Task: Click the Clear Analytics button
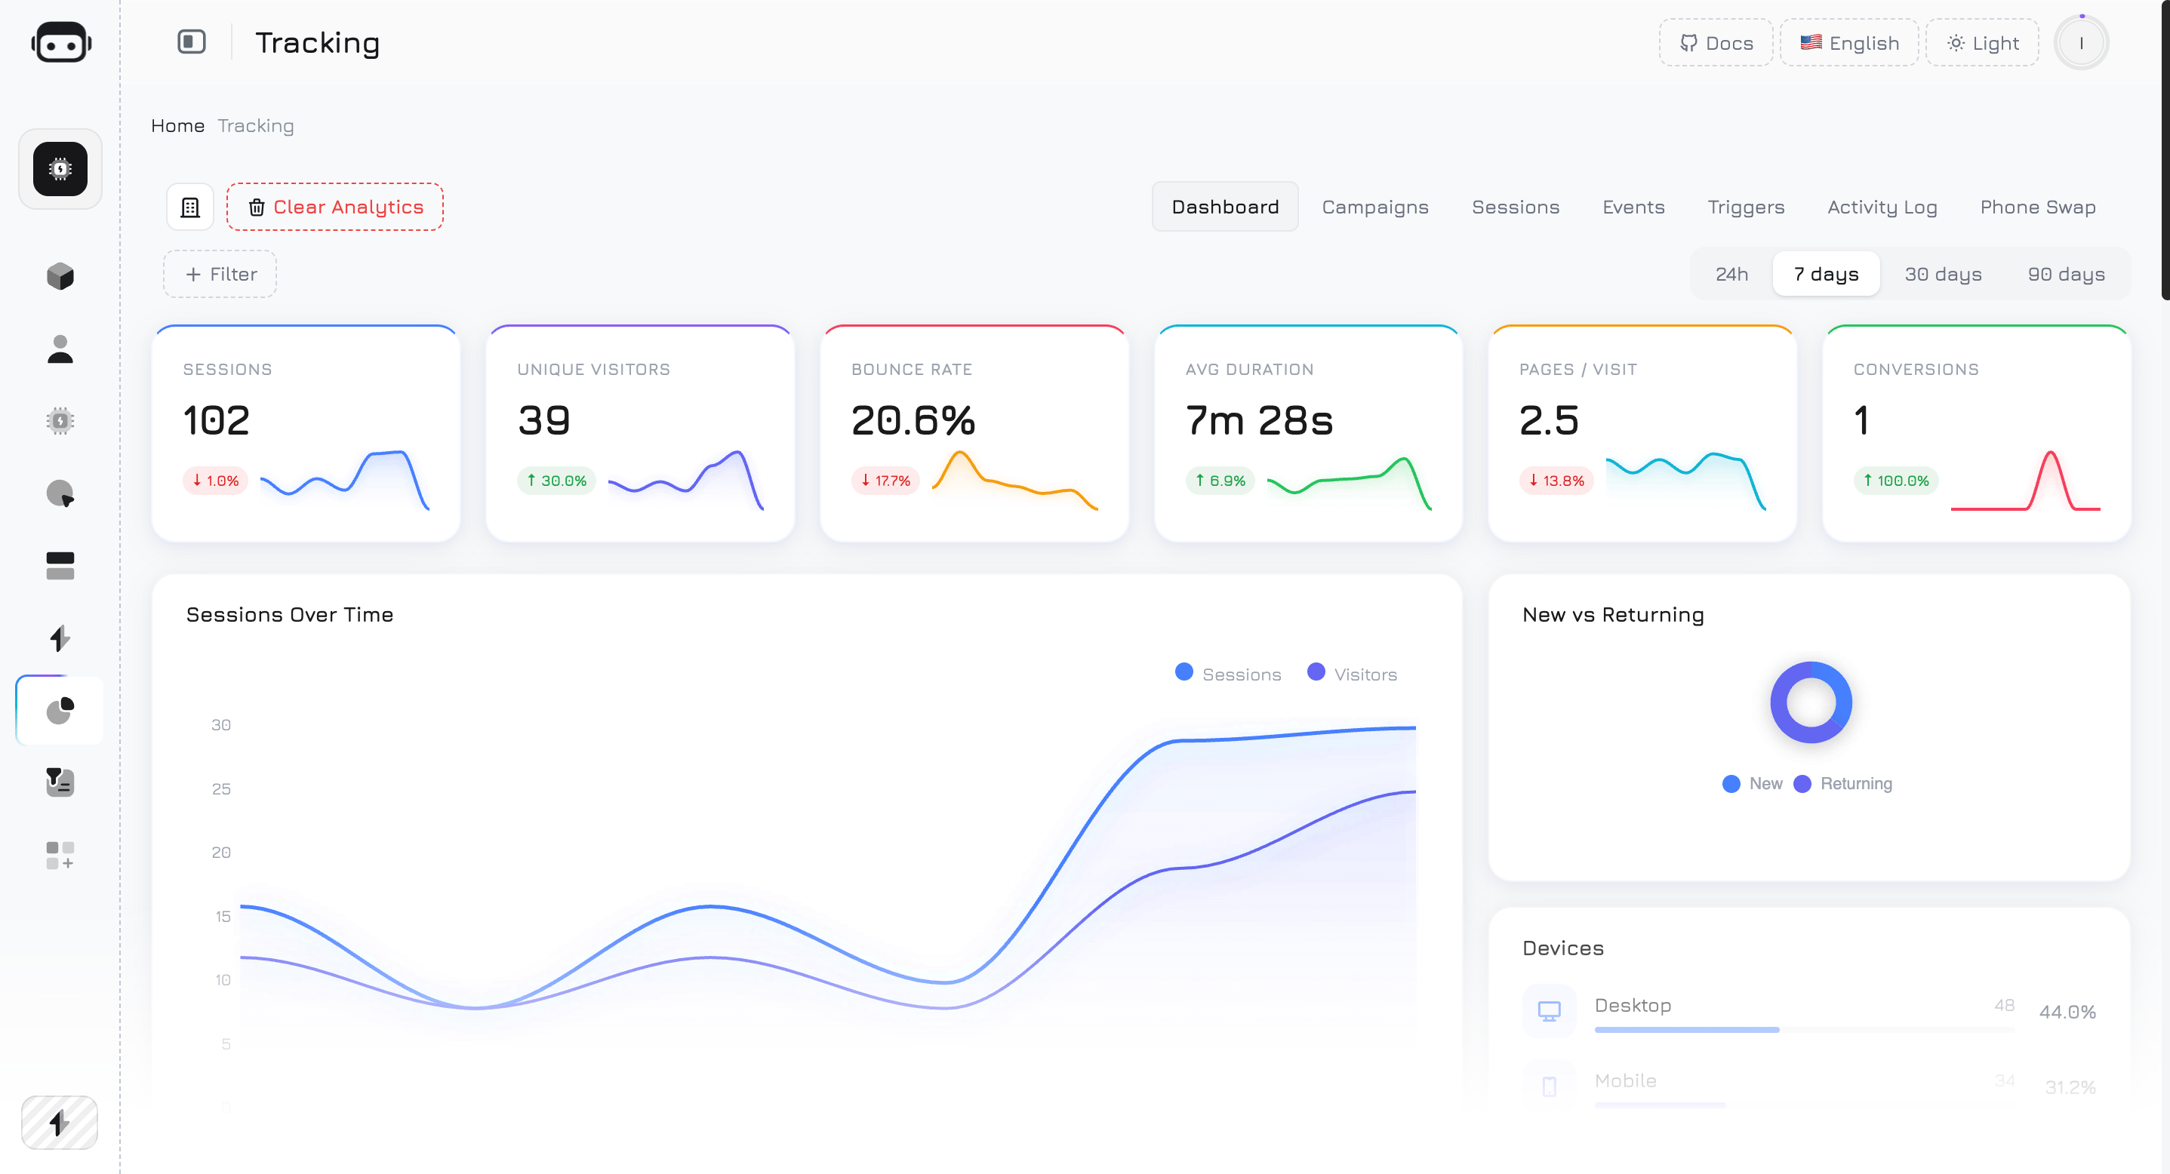(x=334, y=207)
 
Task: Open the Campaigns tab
(x=1374, y=207)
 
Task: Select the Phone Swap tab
(x=2037, y=207)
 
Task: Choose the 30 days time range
(x=1943, y=275)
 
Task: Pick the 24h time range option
(x=1731, y=275)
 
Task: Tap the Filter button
(x=220, y=275)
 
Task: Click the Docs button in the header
(x=1716, y=43)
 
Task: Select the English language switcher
(x=1849, y=43)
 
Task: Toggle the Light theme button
(x=1982, y=43)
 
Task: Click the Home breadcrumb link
(x=177, y=126)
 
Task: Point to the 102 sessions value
(x=217, y=420)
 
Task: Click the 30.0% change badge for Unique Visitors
(x=556, y=481)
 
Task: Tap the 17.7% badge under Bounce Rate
(x=885, y=481)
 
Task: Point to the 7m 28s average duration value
(x=1258, y=420)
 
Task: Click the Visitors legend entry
(x=1352, y=675)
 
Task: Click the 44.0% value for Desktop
(x=2067, y=1013)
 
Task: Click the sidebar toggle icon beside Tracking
(x=191, y=41)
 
